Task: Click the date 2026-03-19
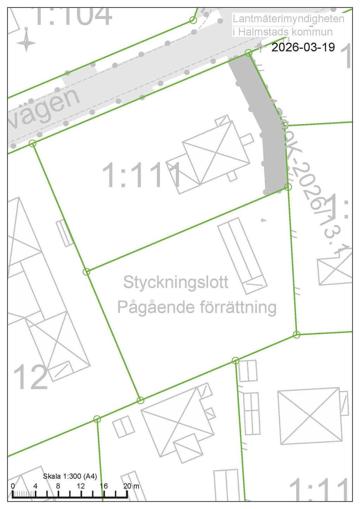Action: point(303,47)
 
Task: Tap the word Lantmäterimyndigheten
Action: point(288,19)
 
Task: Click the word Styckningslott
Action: point(176,282)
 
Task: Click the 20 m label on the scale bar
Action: point(131,486)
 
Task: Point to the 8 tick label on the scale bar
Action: point(58,486)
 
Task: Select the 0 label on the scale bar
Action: point(13,486)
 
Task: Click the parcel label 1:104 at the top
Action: point(74,16)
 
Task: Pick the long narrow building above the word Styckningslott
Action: point(242,255)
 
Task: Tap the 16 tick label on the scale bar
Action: point(104,486)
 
